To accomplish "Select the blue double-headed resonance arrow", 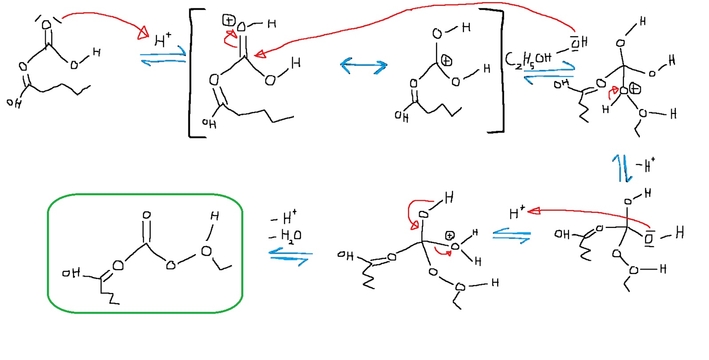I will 363,66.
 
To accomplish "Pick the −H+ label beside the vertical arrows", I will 645,165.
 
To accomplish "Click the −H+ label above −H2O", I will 284,217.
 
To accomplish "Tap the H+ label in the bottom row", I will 517,213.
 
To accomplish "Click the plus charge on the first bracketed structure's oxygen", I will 229,20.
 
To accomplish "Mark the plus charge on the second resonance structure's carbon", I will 447,61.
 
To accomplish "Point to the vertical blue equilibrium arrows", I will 622,168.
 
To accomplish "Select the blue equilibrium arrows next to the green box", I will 290,257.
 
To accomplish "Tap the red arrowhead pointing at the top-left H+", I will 143,33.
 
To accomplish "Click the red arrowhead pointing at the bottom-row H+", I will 534,211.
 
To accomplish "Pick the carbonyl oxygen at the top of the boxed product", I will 147,215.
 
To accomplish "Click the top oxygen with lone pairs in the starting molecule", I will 47,24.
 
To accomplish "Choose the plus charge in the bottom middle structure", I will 450,235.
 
